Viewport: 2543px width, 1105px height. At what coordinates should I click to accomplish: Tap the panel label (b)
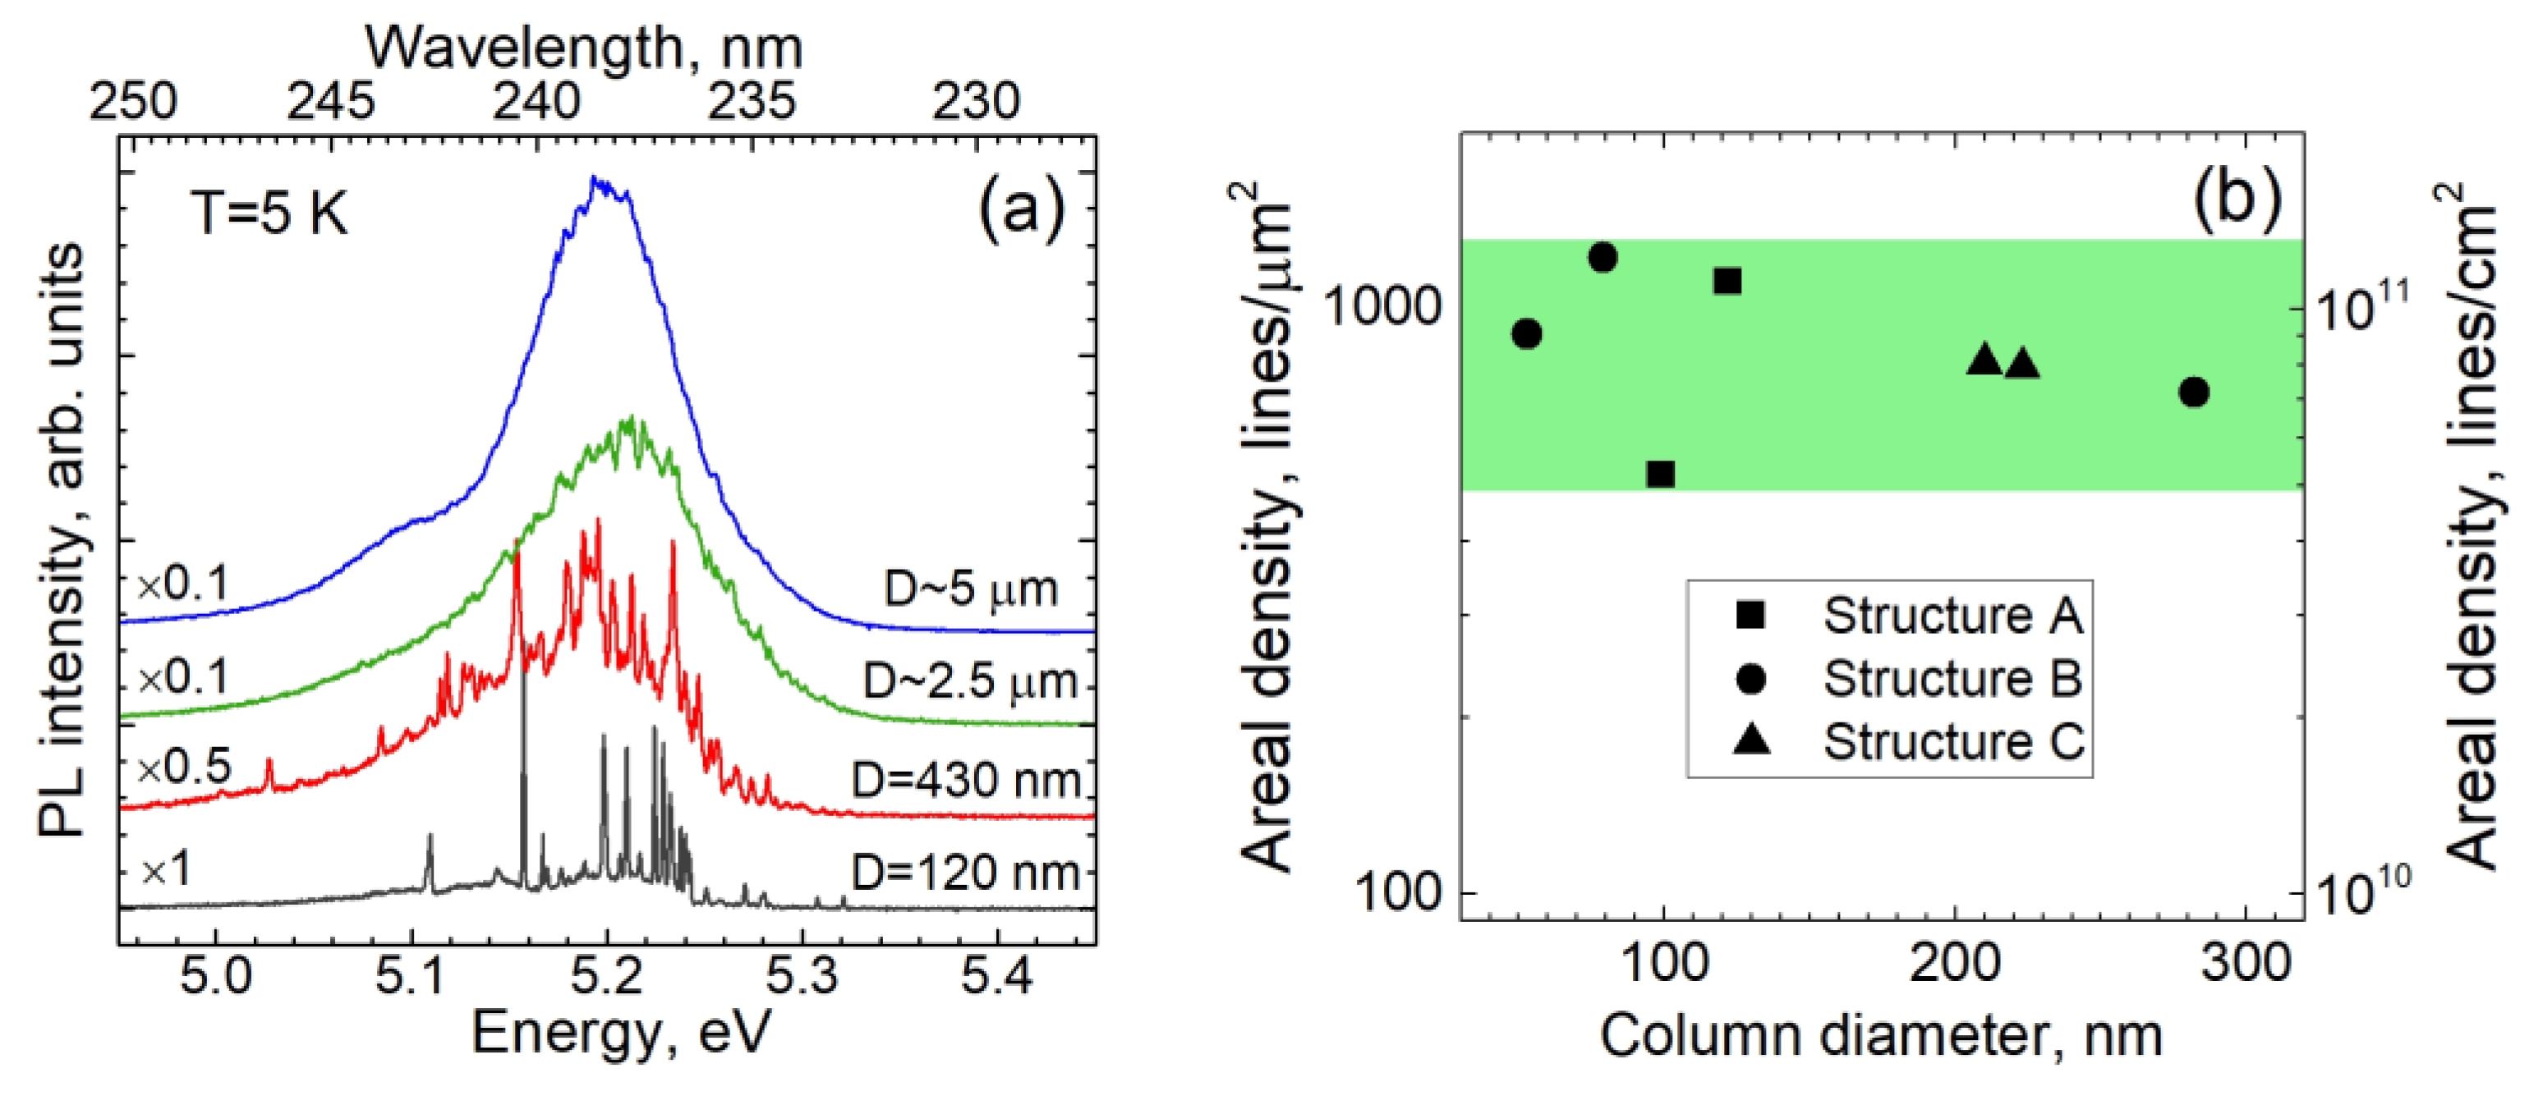tap(2237, 195)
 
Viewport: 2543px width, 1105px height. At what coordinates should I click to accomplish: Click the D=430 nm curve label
tap(965, 782)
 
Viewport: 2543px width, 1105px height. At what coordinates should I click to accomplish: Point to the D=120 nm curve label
tap(965, 872)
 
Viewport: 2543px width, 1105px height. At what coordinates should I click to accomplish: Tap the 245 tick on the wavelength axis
tap(331, 102)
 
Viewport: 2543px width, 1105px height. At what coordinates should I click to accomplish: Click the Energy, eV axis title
tap(620, 1034)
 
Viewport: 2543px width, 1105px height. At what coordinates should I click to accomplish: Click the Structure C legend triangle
tap(1751, 739)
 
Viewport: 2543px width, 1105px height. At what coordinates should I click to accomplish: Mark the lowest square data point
tap(1661, 475)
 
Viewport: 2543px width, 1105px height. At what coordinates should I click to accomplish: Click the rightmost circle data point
tap(2194, 392)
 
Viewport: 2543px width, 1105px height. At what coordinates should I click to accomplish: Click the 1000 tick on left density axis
tap(1382, 308)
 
